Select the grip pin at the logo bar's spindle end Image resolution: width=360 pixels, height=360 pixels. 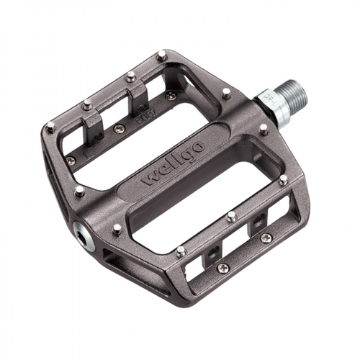point(264,130)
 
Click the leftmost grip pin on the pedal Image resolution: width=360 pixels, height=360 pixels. point(50,128)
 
